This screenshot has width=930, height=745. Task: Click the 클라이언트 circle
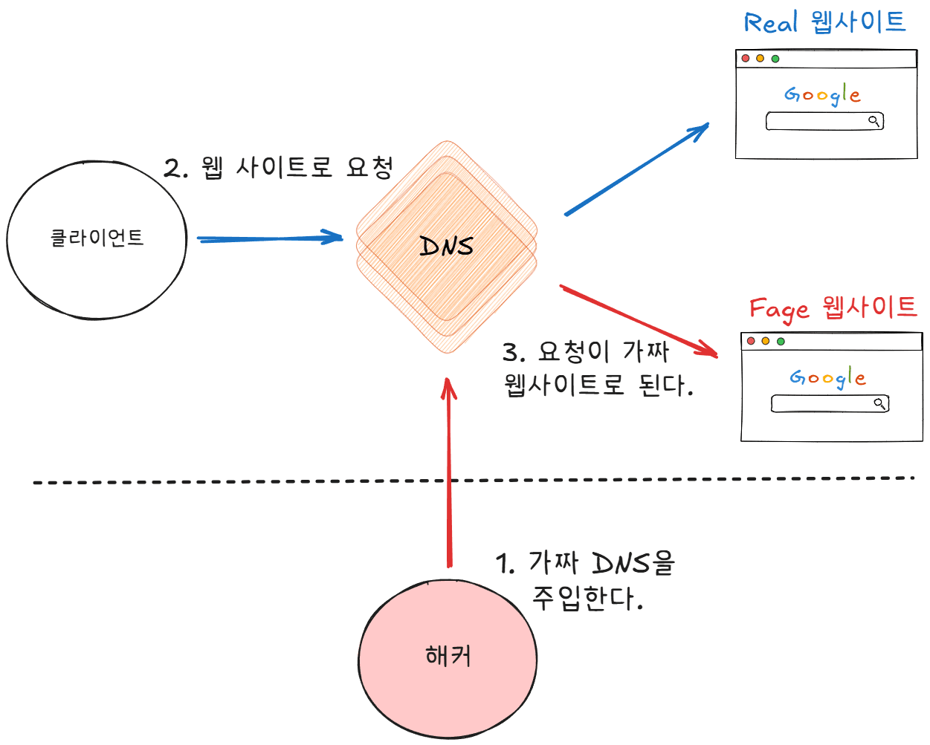(97, 239)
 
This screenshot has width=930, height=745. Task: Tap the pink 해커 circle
(448, 658)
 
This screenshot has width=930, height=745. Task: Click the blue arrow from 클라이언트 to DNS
(268, 238)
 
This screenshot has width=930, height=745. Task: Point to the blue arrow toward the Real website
(636, 170)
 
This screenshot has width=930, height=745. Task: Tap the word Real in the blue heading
(771, 23)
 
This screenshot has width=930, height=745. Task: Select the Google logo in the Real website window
(822, 95)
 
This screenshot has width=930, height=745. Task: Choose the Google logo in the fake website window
(827, 377)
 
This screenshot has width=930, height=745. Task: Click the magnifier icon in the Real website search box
(874, 120)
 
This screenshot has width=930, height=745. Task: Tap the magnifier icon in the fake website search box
(879, 403)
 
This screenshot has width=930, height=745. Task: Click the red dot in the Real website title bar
(746, 58)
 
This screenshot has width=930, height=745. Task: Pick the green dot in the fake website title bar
(781, 341)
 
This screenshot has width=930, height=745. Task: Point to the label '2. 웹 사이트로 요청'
(278, 168)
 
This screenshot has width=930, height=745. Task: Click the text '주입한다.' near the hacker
(587, 598)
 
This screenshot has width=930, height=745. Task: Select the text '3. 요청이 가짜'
(586, 351)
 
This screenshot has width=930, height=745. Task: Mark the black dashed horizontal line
(223, 482)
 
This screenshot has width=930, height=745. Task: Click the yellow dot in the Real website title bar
(760, 58)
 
